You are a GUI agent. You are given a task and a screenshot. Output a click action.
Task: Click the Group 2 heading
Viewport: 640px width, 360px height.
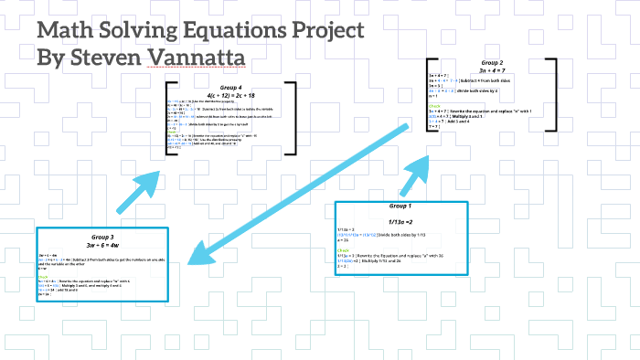tap(492, 63)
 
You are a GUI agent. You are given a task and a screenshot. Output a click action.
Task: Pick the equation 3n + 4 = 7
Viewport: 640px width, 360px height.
tap(492, 71)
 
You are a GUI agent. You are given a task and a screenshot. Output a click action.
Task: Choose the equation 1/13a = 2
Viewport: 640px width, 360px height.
tap(400, 222)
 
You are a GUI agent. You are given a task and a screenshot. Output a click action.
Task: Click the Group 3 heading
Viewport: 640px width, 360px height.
tap(101, 237)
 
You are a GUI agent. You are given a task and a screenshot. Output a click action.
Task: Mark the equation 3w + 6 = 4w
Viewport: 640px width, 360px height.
tap(101, 245)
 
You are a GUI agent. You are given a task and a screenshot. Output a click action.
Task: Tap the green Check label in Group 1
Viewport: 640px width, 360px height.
tap(344, 248)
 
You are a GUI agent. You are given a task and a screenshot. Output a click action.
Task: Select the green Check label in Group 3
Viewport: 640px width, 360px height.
tap(43, 274)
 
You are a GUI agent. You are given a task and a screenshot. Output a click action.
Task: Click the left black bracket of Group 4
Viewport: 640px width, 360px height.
tap(169, 117)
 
